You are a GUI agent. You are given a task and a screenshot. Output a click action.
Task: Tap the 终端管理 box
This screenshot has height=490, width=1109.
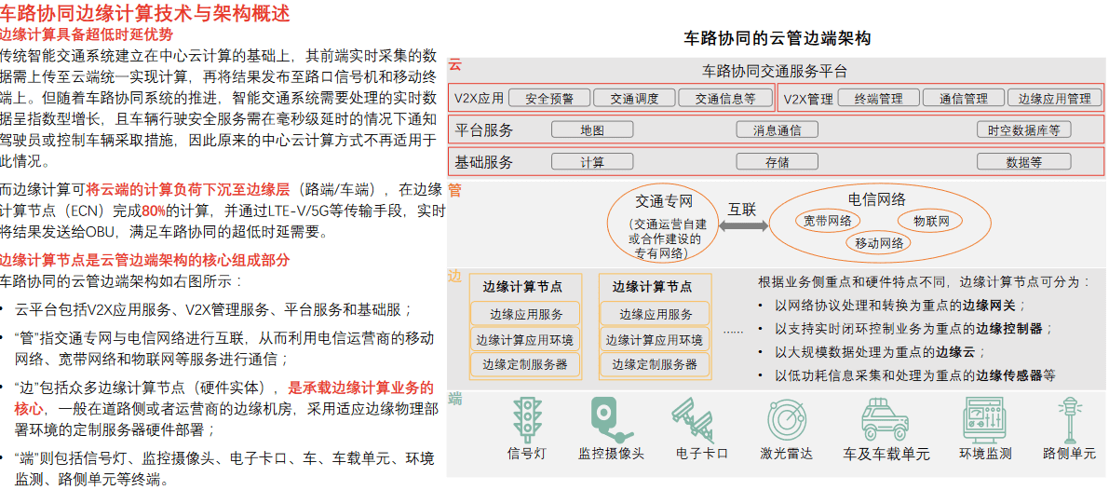coord(878,98)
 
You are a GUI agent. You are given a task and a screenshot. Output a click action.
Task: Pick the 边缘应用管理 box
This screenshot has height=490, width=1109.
coord(1054,98)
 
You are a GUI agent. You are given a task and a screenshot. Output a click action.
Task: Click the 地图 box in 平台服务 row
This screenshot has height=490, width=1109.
coord(592,130)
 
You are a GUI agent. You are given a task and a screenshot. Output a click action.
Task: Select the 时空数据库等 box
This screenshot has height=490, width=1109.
coord(1023,130)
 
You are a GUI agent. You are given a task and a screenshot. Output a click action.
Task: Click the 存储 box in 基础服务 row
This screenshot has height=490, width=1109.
coord(778,162)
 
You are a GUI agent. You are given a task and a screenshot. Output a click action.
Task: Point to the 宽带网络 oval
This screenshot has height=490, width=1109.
coord(828,221)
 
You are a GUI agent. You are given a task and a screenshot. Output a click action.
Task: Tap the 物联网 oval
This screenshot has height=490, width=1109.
coord(931,221)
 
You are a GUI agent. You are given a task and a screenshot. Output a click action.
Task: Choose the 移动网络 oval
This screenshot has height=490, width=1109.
coord(880,244)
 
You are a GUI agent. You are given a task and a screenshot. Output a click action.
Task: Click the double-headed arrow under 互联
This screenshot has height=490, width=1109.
coord(742,226)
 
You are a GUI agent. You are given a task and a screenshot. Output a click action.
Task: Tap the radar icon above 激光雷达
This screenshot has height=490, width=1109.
coord(786,418)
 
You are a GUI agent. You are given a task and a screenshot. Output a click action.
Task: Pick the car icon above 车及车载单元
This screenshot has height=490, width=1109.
coord(885,419)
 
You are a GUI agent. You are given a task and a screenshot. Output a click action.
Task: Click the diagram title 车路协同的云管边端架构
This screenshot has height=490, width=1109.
coord(778,38)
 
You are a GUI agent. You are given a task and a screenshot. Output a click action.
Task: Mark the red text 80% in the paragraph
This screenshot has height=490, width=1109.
coord(154,211)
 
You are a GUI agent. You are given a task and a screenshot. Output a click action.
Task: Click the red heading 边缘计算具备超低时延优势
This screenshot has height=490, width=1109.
coord(87,34)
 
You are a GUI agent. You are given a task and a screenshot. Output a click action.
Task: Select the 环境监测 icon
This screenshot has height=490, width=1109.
coord(984,419)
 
